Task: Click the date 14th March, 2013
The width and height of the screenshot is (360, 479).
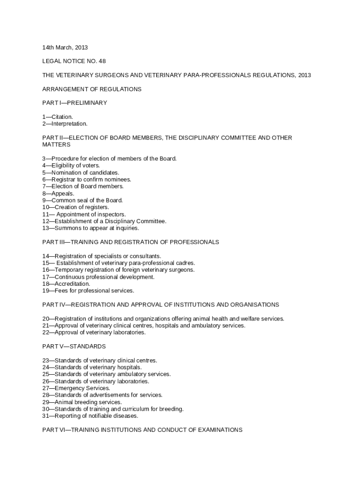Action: pos(65,47)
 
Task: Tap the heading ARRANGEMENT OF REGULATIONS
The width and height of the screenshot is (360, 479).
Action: pos(92,89)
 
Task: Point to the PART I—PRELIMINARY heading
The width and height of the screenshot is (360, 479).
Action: pos(75,103)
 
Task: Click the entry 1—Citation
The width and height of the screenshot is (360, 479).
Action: pos(58,117)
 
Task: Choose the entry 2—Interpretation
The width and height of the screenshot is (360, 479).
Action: pos(65,124)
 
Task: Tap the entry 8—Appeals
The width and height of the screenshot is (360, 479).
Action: pos(58,193)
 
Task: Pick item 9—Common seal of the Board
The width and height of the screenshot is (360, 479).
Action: pos(82,200)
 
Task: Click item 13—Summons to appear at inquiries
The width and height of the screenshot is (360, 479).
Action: pos(91,228)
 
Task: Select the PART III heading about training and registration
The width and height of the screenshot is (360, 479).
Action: pos(130,242)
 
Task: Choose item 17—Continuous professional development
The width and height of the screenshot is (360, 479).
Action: pos(98,277)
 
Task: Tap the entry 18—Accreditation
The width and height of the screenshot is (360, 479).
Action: pos(66,284)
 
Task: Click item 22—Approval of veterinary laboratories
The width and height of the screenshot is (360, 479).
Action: pos(94,333)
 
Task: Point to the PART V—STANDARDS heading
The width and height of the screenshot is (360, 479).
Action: pos(74,347)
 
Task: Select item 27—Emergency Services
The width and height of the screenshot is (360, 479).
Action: pos(76,388)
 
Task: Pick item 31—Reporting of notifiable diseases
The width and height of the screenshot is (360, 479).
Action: pos(90,416)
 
